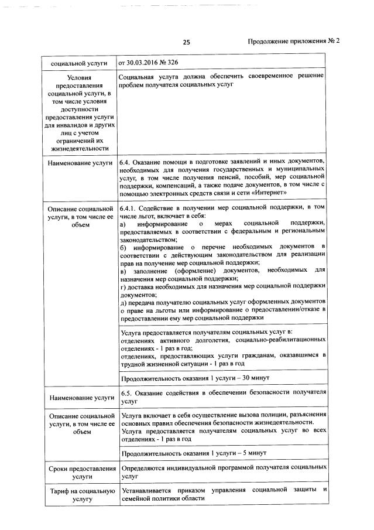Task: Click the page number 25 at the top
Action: point(187,42)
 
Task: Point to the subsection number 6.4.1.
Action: point(129,208)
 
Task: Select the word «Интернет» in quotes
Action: point(270,193)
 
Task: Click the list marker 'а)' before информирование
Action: point(123,224)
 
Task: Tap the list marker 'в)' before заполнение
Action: point(123,271)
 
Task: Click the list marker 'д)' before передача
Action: point(123,302)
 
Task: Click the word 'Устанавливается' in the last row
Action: point(148,489)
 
